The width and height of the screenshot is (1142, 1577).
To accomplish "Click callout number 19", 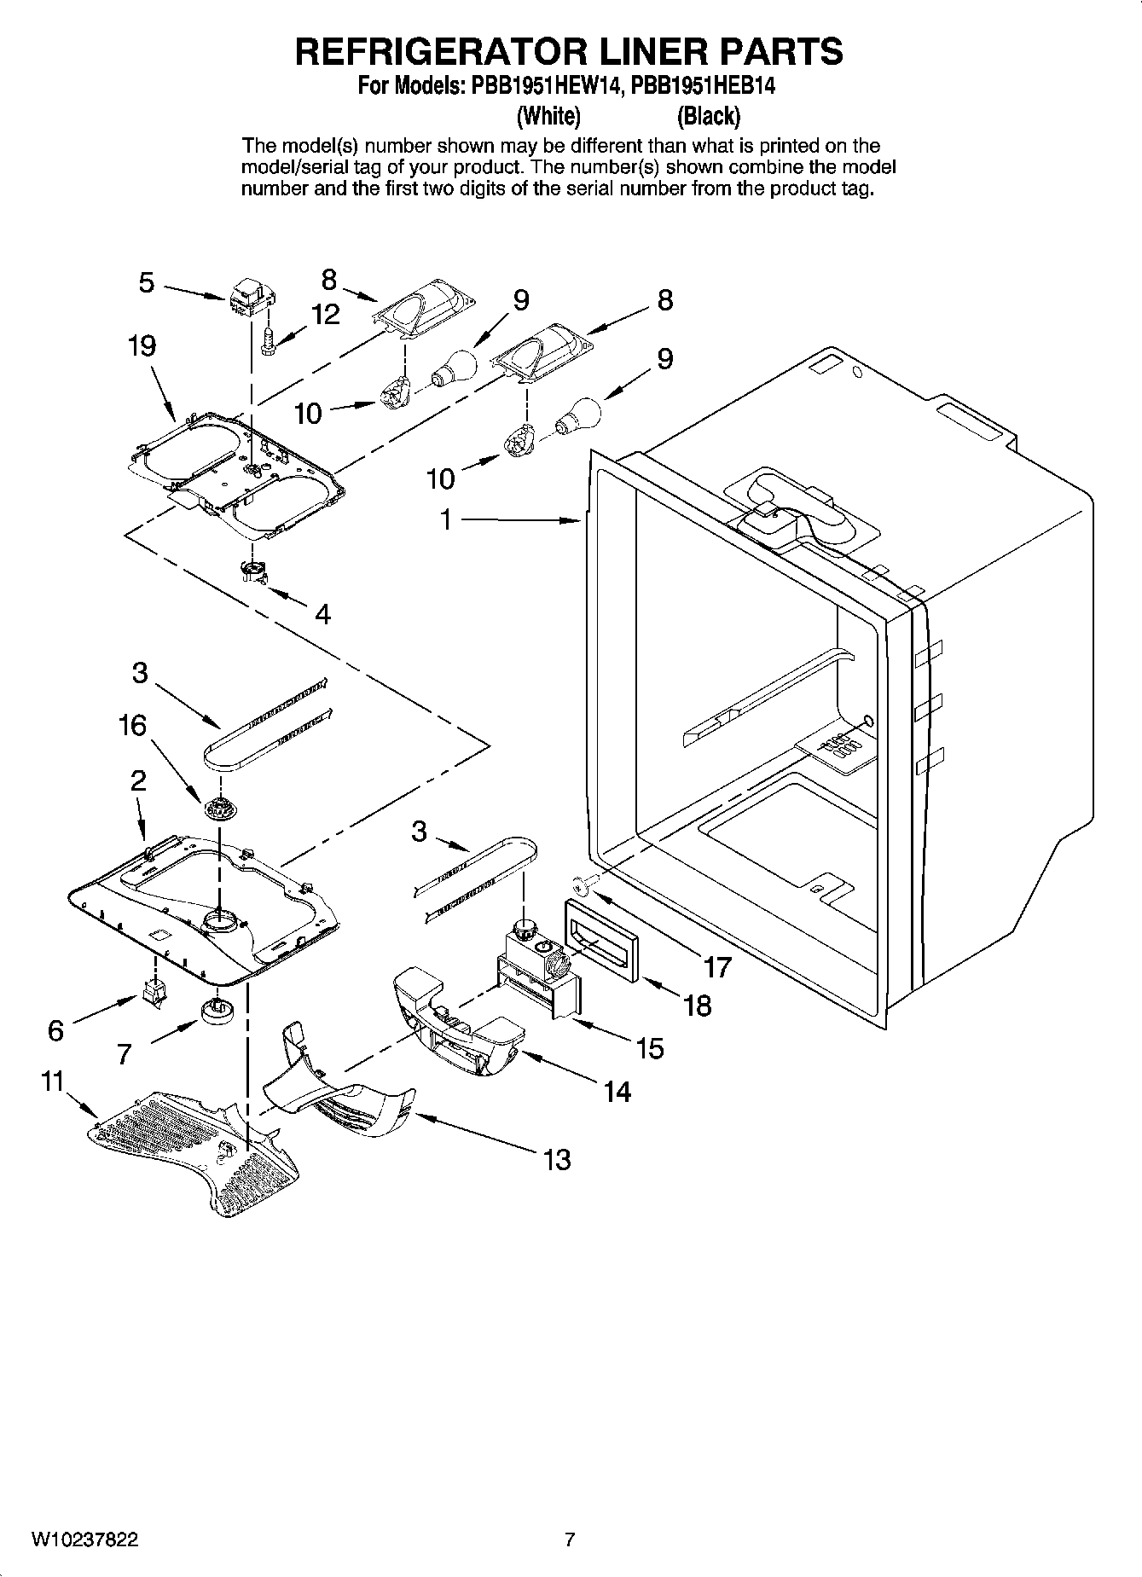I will pos(142,346).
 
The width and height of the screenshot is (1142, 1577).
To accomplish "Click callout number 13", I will pos(556,1159).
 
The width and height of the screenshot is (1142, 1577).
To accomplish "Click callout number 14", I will pos(617,1091).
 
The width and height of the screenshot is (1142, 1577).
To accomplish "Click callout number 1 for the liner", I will pos(445,519).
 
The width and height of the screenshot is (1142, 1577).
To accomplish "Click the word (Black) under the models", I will pos(708,115).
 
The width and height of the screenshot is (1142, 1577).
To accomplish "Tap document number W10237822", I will pos(84,1540).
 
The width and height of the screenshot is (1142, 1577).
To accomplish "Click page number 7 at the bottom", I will pos(570,1540).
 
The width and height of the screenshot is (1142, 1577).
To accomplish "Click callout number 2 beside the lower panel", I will pos(138,780).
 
